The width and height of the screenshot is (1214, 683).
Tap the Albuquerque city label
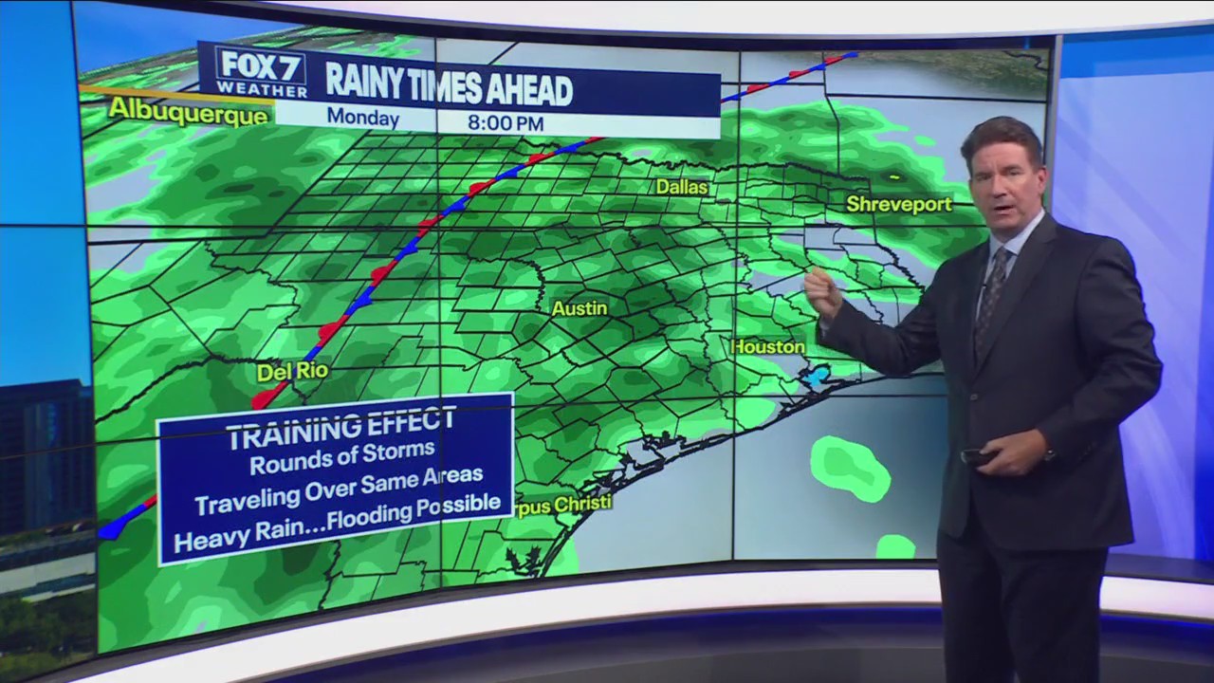[189, 110]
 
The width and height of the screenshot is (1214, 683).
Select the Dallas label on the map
[682, 187]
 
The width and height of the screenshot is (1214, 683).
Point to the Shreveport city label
[898, 204]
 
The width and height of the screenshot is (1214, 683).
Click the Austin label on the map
[579, 308]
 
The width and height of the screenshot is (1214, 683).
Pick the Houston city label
[768, 347]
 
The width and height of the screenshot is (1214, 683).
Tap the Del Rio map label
[292, 372]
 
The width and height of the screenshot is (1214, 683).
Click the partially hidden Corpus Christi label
[563, 504]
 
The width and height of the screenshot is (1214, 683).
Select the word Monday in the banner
[362, 119]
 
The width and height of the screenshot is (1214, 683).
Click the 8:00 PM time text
[506, 122]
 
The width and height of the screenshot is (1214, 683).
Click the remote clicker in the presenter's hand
[976, 456]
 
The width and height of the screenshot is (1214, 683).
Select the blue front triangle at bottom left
[111, 527]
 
